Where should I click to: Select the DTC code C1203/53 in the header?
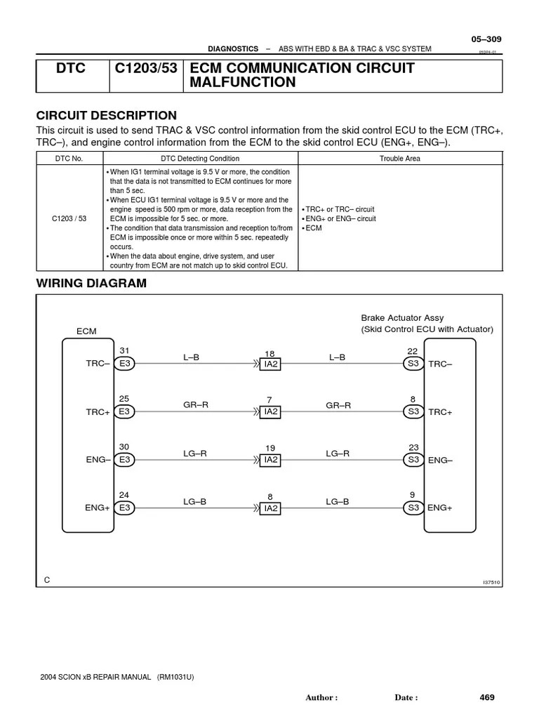pyautogui.click(x=147, y=69)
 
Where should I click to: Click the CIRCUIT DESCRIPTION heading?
pyautogui.click(x=106, y=116)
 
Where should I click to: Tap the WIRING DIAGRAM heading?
pyautogui.click(x=91, y=284)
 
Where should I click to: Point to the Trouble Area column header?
pyautogui.click(x=400, y=159)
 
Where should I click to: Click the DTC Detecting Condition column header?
pyautogui.click(x=200, y=159)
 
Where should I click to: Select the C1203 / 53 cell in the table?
pyautogui.click(x=69, y=218)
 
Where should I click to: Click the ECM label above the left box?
pyautogui.click(x=86, y=331)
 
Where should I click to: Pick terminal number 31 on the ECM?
pyautogui.click(x=125, y=351)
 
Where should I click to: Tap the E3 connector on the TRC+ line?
pyautogui.click(x=125, y=411)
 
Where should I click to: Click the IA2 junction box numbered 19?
pyautogui.click(x=270, y=460)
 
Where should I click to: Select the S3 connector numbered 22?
pyautogui.click(x=413, y=364)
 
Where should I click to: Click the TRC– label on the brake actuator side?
pyautogui.click(x=440, y=364)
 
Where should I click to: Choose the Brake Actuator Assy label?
pyautogui.click(x=402, y=318)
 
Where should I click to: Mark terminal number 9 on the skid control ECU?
pyautogui.click(x=413, y=494)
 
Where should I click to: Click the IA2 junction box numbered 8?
pyautogui.click(x=270, y=508)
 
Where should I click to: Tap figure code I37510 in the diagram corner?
pyautogui.click(x=492, y=582)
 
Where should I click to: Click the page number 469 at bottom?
pyautogui.click(x=487, y=697)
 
